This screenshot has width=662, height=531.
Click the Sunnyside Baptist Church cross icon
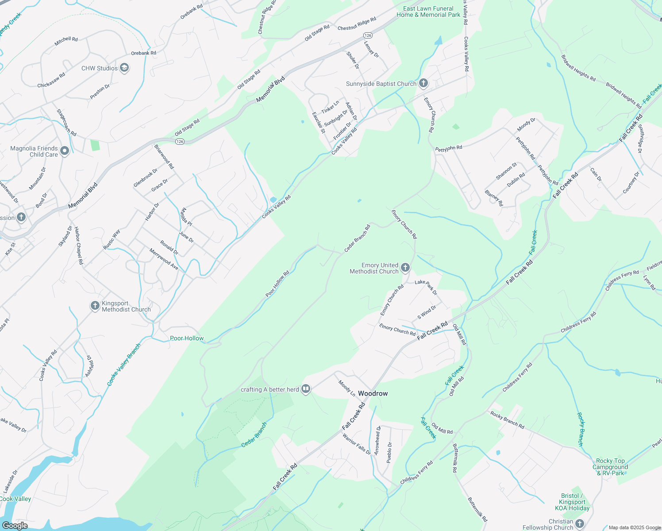tap(423, 83)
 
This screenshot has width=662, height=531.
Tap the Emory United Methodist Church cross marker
tap(405, 267)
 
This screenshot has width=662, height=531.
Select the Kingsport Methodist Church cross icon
tap(95, 306)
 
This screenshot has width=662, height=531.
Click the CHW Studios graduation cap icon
tap(125, 68)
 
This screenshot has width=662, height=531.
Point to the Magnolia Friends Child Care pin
tap(65, 151)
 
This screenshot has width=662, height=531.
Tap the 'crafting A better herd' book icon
tap(306, 389)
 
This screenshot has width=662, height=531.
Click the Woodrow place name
tap(373, 393)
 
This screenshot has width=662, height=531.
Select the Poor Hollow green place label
tap(187, 338)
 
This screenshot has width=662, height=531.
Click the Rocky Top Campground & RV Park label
tap(610, 467)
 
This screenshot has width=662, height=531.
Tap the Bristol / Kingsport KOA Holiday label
tap(572, 502)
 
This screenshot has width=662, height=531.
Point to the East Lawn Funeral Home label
tap(428, 12)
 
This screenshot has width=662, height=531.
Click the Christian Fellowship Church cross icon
tap(580, 524)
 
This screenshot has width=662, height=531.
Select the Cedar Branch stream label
tap(254, 435)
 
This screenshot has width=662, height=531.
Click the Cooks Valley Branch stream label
tap(124, 364)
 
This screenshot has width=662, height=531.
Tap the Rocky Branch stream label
tap(581, 429)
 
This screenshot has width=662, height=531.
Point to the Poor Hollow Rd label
tap(277, 284)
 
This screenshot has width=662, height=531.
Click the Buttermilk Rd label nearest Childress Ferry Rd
tap(454, 458)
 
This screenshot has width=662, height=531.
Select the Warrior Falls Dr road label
tap(357, 444)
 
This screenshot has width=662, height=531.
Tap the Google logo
tap(15, 525)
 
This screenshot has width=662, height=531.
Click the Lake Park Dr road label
tap(426, 287)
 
